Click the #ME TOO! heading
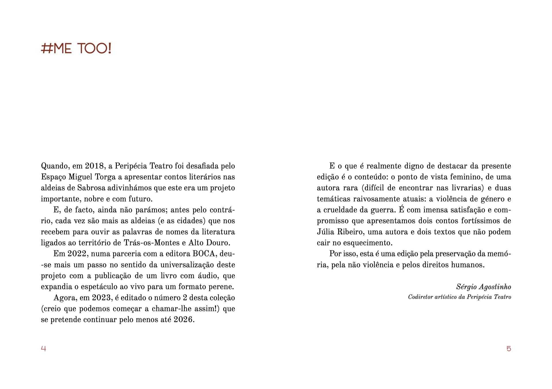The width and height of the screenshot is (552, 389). [x=76, y=49]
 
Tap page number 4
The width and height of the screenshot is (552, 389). [x=43, y=349]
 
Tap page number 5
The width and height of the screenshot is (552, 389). [x=509, y=349]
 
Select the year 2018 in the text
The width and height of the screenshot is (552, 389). [x=94, y=166]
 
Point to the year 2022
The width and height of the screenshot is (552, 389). [x=77, y=254]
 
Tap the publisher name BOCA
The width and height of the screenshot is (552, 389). [x=204, y=254]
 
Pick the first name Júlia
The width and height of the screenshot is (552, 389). [x=326, y=232]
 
